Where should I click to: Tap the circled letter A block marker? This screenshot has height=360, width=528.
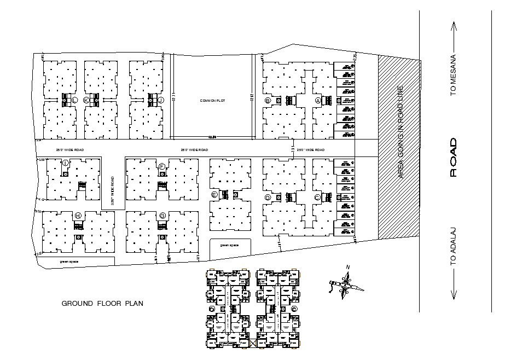click(317, 101)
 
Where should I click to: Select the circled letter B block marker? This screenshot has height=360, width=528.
click(268, 101)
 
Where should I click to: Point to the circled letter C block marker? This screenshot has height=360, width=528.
click(317, 197)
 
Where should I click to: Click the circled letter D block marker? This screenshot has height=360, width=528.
click(268, 197)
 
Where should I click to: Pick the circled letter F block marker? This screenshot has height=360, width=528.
click(162, 166)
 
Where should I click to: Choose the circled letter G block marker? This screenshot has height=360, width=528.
click(162, 216)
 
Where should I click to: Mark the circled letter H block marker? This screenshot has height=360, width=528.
click(78, 216)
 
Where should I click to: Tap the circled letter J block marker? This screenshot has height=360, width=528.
click(161, 100)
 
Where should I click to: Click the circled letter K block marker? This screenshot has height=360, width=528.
click(86, 100)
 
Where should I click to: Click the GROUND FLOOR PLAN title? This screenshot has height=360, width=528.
click(102, 303)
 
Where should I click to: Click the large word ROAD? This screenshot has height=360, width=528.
click(453, 157)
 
